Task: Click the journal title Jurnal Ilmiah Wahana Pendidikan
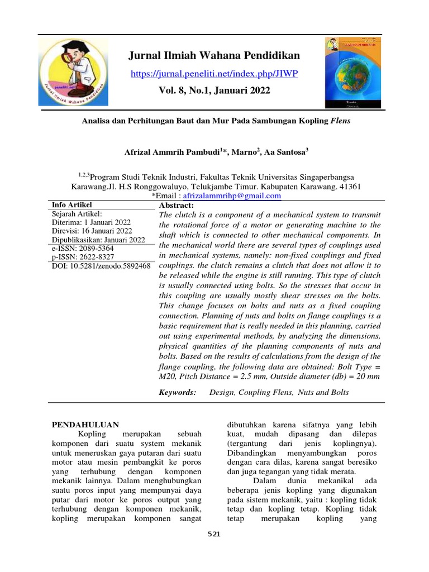coord(214,55)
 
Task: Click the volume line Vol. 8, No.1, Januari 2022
coord(214,90)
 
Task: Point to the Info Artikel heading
coord(71,205)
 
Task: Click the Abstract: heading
coord(176,206)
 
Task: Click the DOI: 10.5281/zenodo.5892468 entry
coord(101,266)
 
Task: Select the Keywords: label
coord(178,393)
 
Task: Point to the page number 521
coord(214,535)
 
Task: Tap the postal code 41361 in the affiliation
coord(347,187)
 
